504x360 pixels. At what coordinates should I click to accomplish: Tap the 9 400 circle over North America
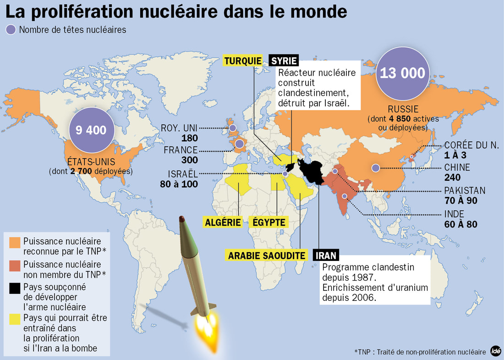coord(91,130)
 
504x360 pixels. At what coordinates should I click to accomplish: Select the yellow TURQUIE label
coord(243,61)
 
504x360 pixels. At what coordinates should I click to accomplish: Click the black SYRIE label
coord(284,61)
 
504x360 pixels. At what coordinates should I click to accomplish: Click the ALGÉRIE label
coord(223,222)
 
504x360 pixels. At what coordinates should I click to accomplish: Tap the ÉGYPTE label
coord(269,222)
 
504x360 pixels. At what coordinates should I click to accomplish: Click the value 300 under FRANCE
coord(189,160)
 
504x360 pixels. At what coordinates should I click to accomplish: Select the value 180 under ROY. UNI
coord(189,138)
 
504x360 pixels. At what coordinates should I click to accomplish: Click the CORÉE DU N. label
coord(471,145)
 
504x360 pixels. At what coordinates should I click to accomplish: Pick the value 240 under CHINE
coord(453,178)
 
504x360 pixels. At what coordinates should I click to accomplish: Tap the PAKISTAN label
coord(465,190)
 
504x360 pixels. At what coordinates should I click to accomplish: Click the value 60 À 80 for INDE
coord(461,224)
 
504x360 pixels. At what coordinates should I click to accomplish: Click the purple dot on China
coord(375,168)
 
